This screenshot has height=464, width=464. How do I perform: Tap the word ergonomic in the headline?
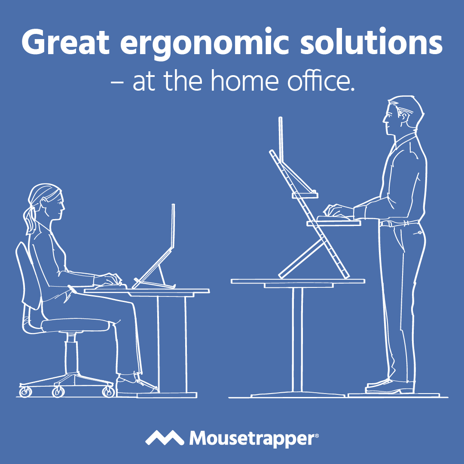pyautogui.click(x=204, y=44)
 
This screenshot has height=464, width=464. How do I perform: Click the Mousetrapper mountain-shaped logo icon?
pyautogui.click(x=165, y=438)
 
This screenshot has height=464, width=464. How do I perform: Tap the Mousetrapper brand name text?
pyautogui.click(x=254, y=438)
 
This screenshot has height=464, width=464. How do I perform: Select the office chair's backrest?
pyautogui.click(x=28, y=275)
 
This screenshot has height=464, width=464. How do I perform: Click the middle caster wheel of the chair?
pyautogui.click(x=58, y=391)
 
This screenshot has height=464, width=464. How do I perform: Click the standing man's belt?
pyautogui.click(x=399, y=223)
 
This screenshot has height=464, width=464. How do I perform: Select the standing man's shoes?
pyautogui.click(x=389, y=386)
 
